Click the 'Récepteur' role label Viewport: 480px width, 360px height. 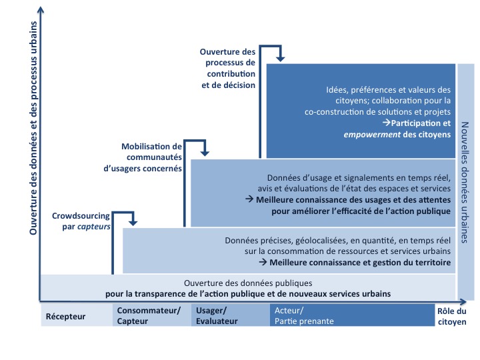pos(65,316)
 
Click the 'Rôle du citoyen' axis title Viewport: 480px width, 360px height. pos(452,315)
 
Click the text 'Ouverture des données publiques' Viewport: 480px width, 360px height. pos(247,283)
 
